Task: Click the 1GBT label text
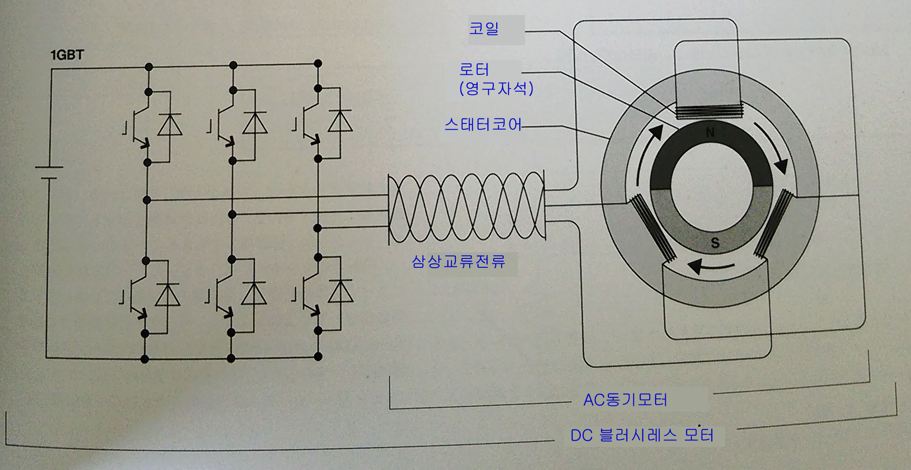[x=67, y=55]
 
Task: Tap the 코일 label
[x=484, y=29]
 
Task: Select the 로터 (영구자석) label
[x=496, y=79]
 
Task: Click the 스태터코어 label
[x=483, y=124]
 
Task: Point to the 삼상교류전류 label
[x=458, y=262]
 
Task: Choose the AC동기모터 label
[x=625, y=400]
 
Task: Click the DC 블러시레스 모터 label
[x=641, y=435]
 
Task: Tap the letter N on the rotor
[x=710, y=132]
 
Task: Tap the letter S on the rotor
[x=715, y=243]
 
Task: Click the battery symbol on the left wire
[x=49, y=173]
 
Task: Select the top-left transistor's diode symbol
[x=170, y=125]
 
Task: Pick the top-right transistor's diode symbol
[x=340, y=121]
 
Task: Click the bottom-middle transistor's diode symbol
[x=254, y=294]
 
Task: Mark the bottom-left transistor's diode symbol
[x=168, y=295]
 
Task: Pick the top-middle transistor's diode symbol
[x=255, y=123]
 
